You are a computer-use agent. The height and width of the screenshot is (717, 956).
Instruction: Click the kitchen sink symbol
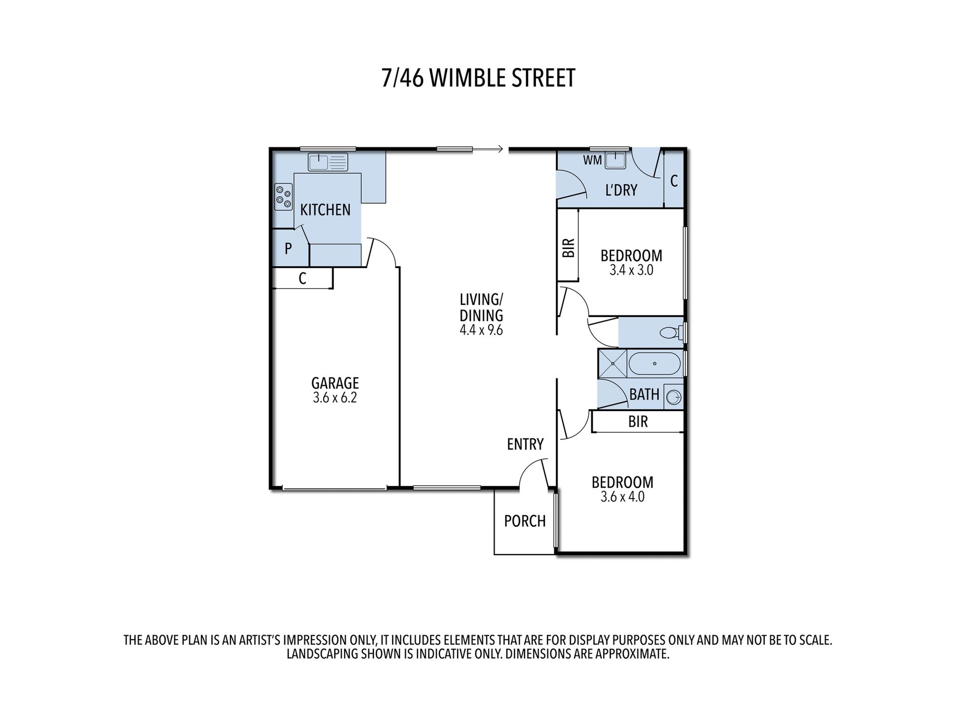tap(328, 162)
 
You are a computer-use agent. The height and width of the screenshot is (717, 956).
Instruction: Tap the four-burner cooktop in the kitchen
tap(283, 197)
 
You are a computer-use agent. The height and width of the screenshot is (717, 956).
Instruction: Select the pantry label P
tap(288, 249)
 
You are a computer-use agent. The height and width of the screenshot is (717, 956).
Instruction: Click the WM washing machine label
tap(592, 161)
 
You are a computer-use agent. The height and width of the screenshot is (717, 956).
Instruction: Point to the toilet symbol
tap(670, 333)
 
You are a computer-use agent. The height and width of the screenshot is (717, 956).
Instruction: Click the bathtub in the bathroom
tap(654, 363)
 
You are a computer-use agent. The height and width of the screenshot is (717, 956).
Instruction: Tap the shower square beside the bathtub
tap(612, 363)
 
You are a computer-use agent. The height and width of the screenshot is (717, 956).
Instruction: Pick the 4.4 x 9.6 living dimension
tap(481, 331)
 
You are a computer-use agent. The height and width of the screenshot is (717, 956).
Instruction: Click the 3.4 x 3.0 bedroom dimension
tap(631, 270)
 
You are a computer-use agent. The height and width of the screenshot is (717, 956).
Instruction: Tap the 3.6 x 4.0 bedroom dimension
tap(622, 497)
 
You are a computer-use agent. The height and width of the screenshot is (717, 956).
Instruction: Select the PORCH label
tap(524, 521)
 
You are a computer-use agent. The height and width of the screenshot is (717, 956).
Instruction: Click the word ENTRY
tap(525, 444)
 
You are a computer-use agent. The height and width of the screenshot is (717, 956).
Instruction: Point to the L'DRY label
tap(621, 190)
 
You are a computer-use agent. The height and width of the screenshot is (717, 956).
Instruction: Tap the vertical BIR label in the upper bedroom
tap(568, 248)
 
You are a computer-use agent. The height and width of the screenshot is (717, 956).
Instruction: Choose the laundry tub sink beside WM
tap(615, 161)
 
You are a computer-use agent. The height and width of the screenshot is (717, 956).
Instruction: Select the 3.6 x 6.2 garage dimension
tap(335, 398)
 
